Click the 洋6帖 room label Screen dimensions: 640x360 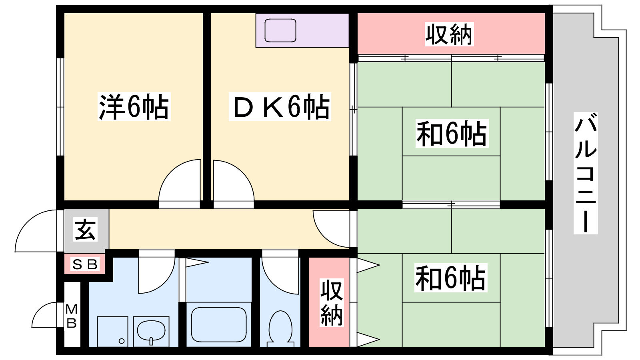pyautogui.click(x=134, y=106)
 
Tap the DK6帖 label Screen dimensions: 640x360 pyautogui.click(x=280, y=106)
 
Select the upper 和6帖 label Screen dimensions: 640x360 pyautogui.click(x=452, y=134)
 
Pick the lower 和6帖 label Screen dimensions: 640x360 pyautogui.click(x=451, y=278)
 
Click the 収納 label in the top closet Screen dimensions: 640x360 pyautogui.click(x=449, y=34)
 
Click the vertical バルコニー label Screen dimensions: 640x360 pyautogui.click(x=586, y=173)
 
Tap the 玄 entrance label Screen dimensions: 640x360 pyautogui.click(x=85, y=230)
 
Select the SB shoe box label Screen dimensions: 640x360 pyautogui.click(x=85, y=264)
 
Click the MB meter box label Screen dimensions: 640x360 pyautogui.click(x=72, y=316)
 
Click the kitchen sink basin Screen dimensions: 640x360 pyautogui.click(x=280, y=30)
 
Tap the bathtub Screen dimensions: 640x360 pyautogui.click(x=219, y=324)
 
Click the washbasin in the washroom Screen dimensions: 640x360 pyautogui.click(x=151, y=332)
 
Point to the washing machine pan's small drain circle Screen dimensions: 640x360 pyautogui.click(x=122, y=341)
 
